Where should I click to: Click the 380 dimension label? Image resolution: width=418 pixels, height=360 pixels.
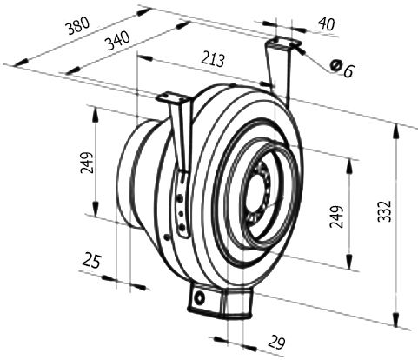coord(77,25)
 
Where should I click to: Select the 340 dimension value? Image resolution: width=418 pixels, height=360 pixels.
coord(118,41)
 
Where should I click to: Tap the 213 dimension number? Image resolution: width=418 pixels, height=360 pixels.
coord(213,59)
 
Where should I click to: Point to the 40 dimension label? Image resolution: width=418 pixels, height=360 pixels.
coord(327,23)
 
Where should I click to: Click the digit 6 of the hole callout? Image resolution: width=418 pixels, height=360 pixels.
coord(349,70)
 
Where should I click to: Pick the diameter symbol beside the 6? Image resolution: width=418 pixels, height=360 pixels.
coord(335,65)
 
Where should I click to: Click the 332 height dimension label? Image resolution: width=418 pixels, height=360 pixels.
coord(385,211)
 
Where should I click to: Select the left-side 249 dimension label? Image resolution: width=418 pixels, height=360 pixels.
coord(87,163)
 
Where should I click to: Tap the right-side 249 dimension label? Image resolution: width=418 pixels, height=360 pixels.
coord(336,217)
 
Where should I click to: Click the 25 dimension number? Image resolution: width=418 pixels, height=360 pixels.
coord(92,260)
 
